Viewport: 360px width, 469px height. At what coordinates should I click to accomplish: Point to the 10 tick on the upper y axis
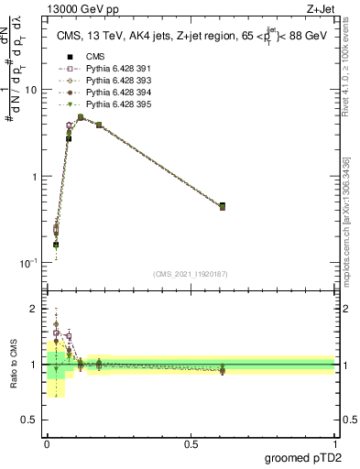pos(31,90)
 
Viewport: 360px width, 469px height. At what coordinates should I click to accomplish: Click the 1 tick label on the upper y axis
pos(34,176)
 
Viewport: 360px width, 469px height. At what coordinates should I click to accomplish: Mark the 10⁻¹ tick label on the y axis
pos(29,263)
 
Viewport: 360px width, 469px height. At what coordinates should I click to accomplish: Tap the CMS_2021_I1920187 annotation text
pos(190,274)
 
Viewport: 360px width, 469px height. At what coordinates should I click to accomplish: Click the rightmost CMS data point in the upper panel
pos(223,206)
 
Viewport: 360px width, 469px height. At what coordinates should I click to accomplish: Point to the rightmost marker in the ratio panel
pos(223,370)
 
